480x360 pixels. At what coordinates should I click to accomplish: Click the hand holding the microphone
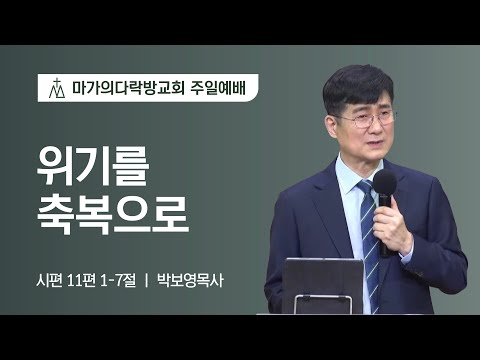pos(393,225)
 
